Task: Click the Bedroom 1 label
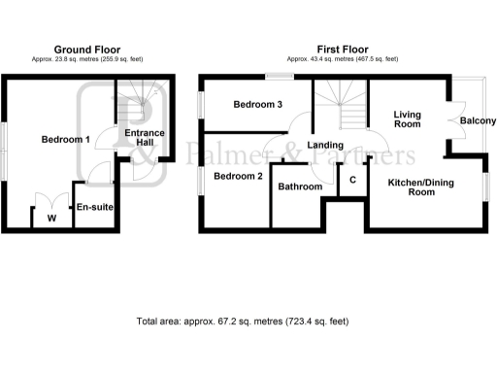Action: [66, 140]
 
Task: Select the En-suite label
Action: [93, 207]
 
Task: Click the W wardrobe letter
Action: [50, 218]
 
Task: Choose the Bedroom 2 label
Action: [239, 176]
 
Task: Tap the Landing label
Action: [324, 146]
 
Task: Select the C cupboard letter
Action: [352, 180]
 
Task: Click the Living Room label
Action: [407, 119]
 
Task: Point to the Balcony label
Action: [478, 120]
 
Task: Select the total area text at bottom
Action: [243, 321]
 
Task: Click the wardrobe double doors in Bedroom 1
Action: [50, 202]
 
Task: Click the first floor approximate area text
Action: [343, 59]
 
